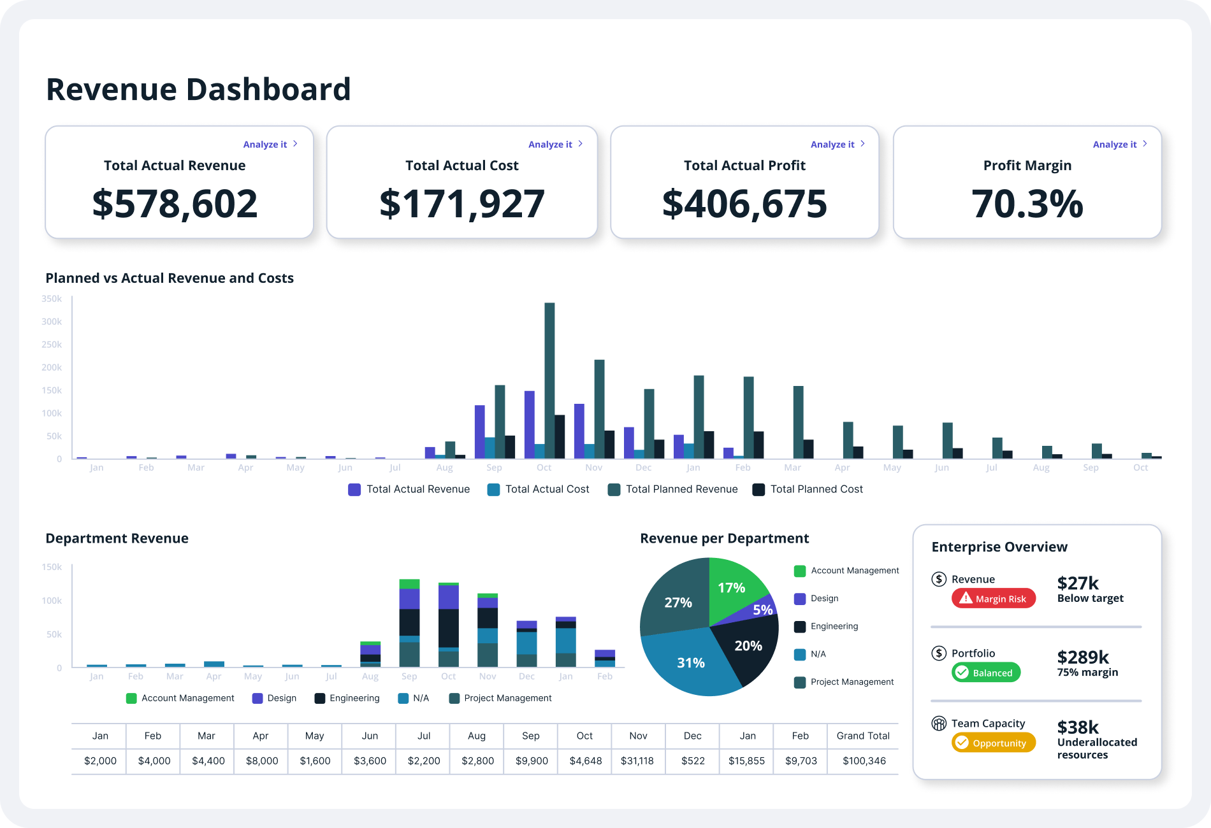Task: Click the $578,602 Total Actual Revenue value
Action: pos(175,204)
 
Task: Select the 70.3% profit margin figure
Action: pos(1027,204)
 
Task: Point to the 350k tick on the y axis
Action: pos(52,299)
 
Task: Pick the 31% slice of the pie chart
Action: pos(691,662)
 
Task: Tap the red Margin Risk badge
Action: pos(993,599)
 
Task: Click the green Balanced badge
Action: pos(985,673)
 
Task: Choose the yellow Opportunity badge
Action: pos(993,743)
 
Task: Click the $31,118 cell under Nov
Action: pos(637,760)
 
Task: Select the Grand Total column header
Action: pos(863,736)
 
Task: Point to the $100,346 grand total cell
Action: pos(864,760)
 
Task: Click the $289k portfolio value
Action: pos(1083,657)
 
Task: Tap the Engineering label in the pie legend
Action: pos(834,626)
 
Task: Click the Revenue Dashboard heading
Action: pos(198,89)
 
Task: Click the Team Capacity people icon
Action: pos(939,724)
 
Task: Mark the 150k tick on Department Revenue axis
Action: pos(52,567)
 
